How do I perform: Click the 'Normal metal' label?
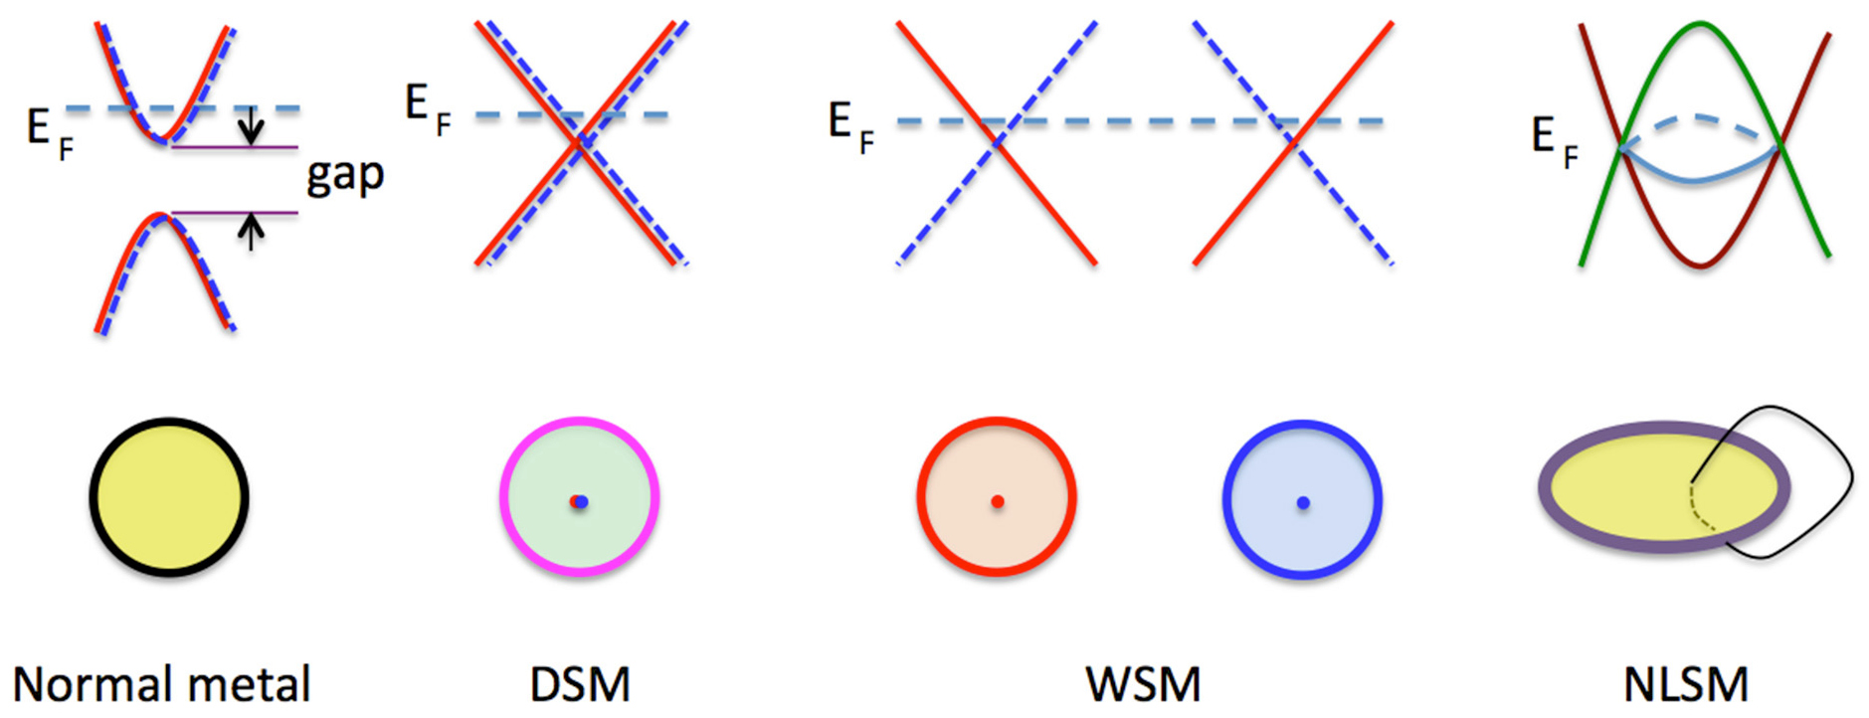(161, 685)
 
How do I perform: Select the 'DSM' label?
(580, 685)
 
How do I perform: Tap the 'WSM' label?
(1143, 685)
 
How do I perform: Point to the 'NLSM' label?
(1685, 685)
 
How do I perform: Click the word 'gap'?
(345, 176)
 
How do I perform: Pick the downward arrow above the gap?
(252, 124)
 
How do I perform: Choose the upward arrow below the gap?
(252, 233)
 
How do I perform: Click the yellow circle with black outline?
(169, 497)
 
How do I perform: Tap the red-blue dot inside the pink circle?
(579, 501)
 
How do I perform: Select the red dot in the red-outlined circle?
(997, 501)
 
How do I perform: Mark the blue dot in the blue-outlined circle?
(1302, 502)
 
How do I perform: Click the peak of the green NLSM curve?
(1701, 25)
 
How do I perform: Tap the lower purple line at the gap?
(235, 213)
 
